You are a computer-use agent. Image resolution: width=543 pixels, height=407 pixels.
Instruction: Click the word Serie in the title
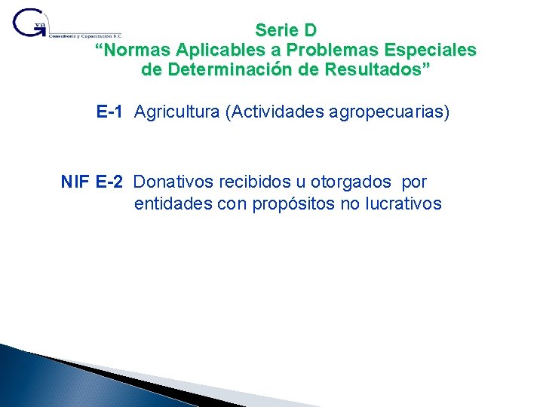[275, 31]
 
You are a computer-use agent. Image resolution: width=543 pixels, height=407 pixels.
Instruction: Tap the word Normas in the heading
[137, 50]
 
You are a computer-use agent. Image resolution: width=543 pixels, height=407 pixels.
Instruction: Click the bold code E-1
[109, 112]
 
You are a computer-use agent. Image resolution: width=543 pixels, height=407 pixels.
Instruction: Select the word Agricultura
[176, 112]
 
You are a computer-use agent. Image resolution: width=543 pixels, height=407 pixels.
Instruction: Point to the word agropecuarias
[389, 112]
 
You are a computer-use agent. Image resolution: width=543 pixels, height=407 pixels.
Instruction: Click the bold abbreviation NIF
[76, 182]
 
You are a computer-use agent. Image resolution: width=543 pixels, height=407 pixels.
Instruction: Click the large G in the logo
[29, 23]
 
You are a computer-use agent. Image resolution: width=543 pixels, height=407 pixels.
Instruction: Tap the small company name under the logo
[84, 35]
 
